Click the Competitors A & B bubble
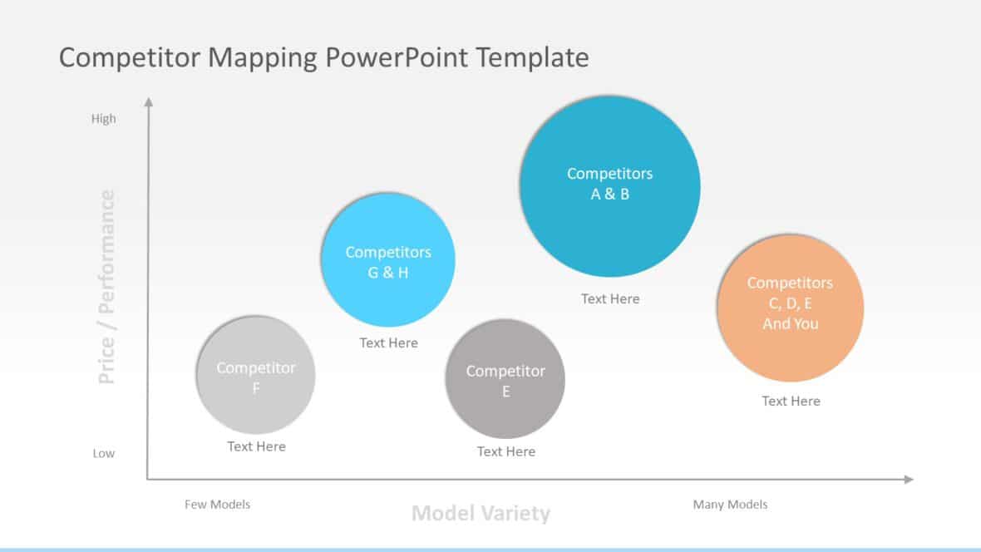tap(609, 185)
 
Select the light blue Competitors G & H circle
tap(387, 260)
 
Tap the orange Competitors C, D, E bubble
tap(790, 307)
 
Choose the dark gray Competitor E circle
tap(505, 378)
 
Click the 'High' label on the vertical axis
tap(104, 119)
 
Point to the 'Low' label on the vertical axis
tap(104, 453)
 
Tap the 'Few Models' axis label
tap(217, 504)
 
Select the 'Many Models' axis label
tap(730, 504)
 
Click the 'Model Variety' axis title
tap(481, 513)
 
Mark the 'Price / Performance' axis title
tap(106, 288)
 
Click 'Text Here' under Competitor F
tap(256, 446)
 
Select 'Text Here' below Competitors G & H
tap(388, 343)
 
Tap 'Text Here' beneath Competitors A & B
tap(610, 298)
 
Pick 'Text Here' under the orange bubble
tap(791, 401)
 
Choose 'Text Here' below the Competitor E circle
tap(505, 451)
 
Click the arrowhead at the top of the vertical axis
tap(149, 102)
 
